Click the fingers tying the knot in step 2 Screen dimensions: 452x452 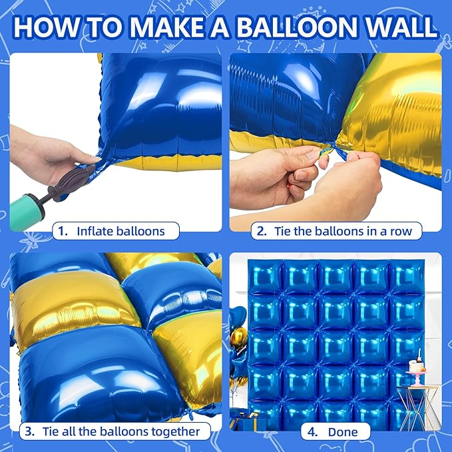tap(318, 164)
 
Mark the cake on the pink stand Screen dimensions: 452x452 tap(418, 363)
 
